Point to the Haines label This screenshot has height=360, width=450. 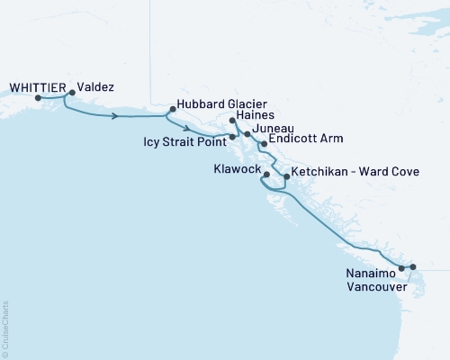256,117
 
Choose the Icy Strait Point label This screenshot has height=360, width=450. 184,141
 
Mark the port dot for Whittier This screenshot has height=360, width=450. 38,97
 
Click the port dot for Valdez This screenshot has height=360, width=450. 72,92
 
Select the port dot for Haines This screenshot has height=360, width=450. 232,121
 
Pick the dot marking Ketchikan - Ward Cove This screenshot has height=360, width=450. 286,177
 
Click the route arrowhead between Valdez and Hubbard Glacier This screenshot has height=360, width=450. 117,116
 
